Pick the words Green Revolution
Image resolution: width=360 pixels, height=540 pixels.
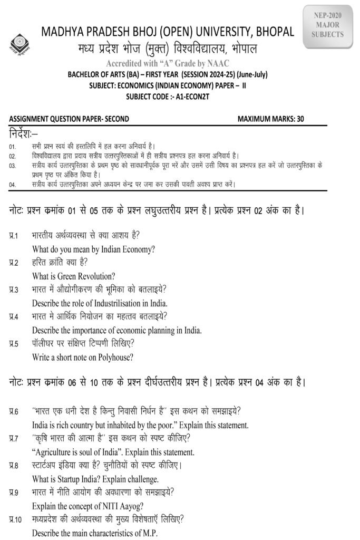coord(84,276)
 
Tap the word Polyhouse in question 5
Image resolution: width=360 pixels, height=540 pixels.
coord(109,358)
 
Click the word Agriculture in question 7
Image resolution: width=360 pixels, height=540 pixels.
coord(57,452)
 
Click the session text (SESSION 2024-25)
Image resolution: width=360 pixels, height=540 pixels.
coord(199,75)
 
